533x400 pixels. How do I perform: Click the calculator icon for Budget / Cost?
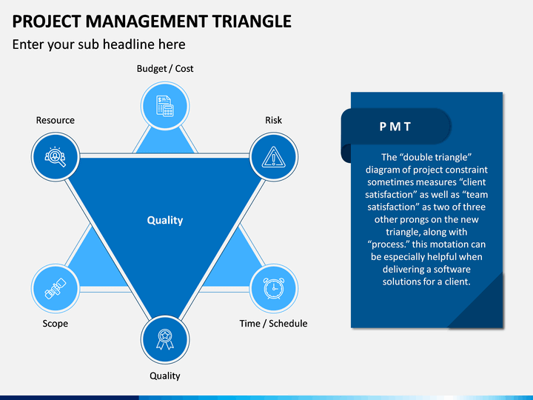coord(165,106)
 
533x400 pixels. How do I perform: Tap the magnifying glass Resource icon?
coord(55,157)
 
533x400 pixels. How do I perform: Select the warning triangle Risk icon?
coord(274,157)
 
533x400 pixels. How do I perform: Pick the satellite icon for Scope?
coord(56,288)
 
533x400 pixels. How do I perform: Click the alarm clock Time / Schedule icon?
coord(274,288)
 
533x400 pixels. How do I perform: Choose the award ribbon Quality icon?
coord(165,339)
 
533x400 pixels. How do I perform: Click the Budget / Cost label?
coord(165,69)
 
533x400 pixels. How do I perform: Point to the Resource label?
coord(56,120)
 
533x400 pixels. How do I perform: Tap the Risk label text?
coord(274,120)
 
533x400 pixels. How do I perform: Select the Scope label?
coord(55,324)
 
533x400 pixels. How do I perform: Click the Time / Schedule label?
coord(273,324)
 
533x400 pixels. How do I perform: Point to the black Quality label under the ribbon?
coord(165,376)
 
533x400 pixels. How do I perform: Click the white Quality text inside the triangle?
coord(165,221)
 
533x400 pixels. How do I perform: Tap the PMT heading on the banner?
coord(395,127)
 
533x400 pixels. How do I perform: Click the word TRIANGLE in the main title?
coord(252,21)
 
